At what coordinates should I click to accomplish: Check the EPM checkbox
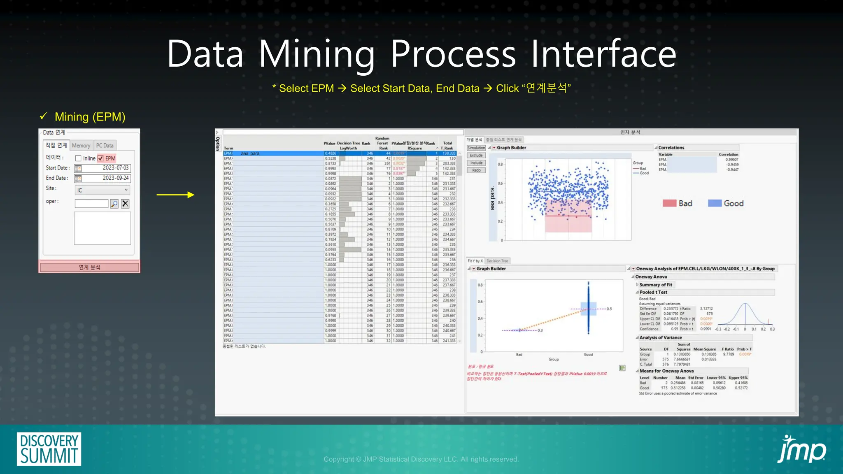[x=100, y=158]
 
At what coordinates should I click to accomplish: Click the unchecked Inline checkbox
[x=78, y=158]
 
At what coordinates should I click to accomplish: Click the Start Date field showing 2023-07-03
[x=107, y=168]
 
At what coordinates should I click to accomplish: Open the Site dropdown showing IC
[x=102, y=190]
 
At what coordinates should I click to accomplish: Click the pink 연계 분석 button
[x=89, y=267]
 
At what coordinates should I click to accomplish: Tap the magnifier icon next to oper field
[x=114, y=204]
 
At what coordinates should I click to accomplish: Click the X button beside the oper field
[x=125, y=204]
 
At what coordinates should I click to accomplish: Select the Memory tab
[x=81, y=146]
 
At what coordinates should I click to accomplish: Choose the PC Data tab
[x=105, y=146]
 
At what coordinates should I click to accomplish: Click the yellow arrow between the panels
[x=175, y=195]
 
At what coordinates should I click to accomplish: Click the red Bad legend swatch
[x=669, y=203]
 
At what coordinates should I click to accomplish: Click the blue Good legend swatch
[x=715, y=203]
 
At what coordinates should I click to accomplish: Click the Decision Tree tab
[x=497, y=261]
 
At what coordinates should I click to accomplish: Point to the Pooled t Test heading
[x=653, y=292]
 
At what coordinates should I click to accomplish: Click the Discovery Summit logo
[x=49, y=449]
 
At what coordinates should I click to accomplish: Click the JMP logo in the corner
[x=801, y=449]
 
